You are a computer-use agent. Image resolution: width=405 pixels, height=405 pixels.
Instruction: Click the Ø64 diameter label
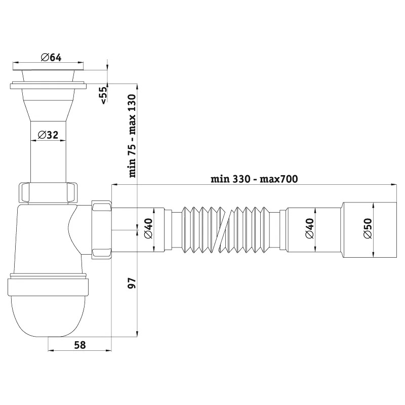51,57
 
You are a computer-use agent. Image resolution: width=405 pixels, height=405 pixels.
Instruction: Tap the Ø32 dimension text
48,135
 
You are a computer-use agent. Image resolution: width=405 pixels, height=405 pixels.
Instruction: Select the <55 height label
103,95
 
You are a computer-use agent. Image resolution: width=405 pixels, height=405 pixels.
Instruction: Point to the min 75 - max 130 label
133,136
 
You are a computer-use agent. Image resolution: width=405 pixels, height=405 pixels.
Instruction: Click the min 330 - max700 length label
254,179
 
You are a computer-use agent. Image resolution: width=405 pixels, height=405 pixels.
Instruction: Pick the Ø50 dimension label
368,228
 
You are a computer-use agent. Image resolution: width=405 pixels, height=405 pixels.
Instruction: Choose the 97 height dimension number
132,283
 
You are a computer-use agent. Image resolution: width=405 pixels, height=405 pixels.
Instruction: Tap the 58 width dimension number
80,345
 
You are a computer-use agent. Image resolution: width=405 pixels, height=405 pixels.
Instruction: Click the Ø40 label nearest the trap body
149,228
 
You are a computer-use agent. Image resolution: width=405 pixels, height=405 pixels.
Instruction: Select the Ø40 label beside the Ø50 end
310,228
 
